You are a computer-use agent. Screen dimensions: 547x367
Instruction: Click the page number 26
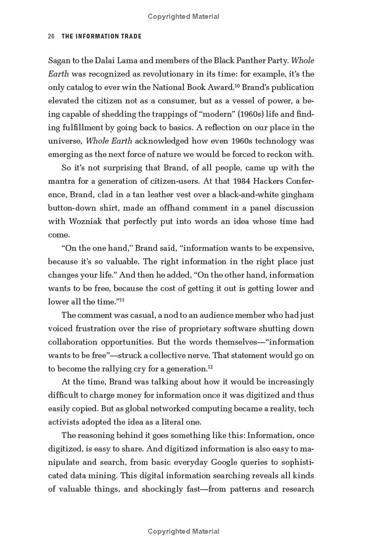pyautogui.click(x=51, y=37)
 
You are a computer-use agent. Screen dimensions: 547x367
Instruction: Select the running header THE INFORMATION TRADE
pyautogui.click(x=102, y=37)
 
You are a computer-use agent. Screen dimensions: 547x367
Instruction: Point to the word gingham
pyautogui.click(x=299, y=194)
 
